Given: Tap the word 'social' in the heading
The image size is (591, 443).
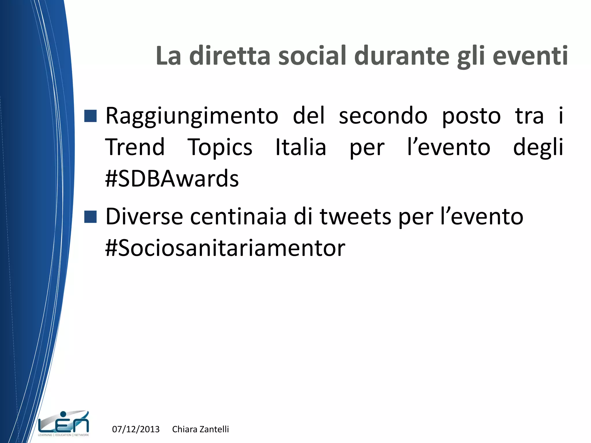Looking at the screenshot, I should coord(312,55).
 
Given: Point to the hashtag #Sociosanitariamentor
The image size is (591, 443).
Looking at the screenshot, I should coord(225,248).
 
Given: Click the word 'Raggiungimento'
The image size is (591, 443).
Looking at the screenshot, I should coord(192,116).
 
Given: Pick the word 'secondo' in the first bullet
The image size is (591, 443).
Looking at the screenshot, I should coord(383,116).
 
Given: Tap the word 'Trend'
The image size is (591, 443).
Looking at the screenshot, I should coord(135,147).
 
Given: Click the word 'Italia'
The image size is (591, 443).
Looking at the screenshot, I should coord(301,147).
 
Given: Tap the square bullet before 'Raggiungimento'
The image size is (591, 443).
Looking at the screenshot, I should coord(90,116).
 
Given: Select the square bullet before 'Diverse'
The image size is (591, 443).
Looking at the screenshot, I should coord(90,217).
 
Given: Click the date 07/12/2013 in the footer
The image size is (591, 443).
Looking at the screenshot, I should coord(136,429).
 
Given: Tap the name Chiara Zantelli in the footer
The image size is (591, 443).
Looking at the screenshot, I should coord(200,429).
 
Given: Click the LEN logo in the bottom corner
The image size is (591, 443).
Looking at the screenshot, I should coord(63,423).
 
